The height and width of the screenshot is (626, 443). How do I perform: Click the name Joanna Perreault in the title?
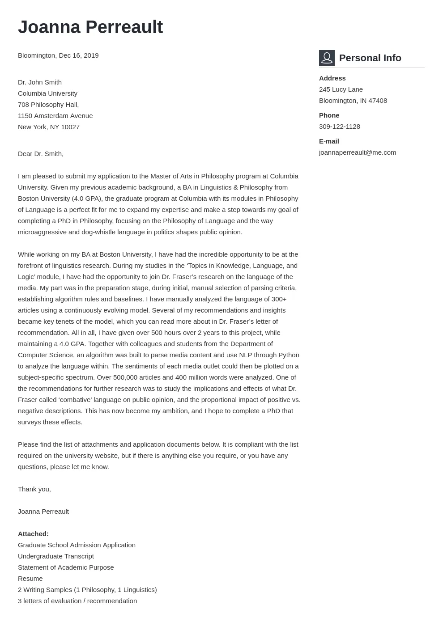point(90,27)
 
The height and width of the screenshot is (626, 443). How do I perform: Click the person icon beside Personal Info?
point(327,58)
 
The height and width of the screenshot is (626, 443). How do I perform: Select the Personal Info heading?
point(370,58)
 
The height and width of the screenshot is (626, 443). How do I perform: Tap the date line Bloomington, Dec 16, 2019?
point(58,55)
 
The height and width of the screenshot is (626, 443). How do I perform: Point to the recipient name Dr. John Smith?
point(40,82)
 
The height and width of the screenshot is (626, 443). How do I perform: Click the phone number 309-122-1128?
point(339,127)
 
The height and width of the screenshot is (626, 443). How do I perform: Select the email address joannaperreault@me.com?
point(357,152)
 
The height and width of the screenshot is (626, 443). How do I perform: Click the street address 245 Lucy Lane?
point(341,89)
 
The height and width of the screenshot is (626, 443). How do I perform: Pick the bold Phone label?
point(329,115)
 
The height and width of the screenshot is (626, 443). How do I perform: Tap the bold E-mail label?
point(329,141)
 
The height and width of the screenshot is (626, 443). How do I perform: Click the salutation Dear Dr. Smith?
point(41,154)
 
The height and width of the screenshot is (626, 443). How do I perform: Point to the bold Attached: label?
point(33,534)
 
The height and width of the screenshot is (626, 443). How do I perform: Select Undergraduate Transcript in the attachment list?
point(56,556)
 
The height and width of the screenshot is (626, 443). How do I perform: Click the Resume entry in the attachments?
point(30,579)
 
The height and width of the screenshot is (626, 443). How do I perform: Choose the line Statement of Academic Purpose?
point(66,567)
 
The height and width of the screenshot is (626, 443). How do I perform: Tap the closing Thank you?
point(34,489)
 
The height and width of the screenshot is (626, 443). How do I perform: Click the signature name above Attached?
point(43,512)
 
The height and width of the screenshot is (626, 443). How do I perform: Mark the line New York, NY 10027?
point(49,127)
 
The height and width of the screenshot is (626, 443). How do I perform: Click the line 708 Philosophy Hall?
point(48,105)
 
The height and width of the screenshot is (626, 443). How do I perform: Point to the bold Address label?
point(332,78)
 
